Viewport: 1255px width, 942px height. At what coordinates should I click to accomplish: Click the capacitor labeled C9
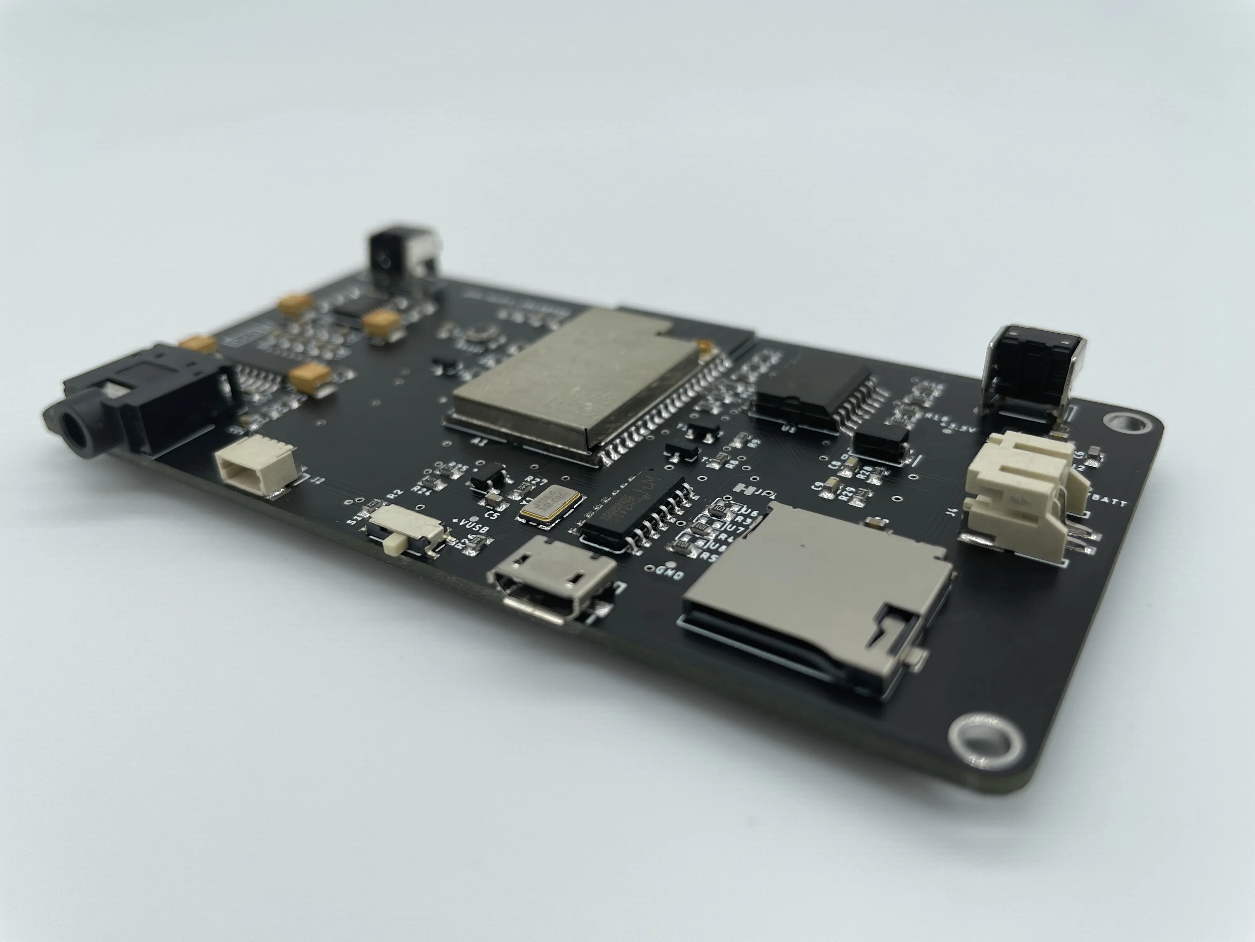point(831,483)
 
